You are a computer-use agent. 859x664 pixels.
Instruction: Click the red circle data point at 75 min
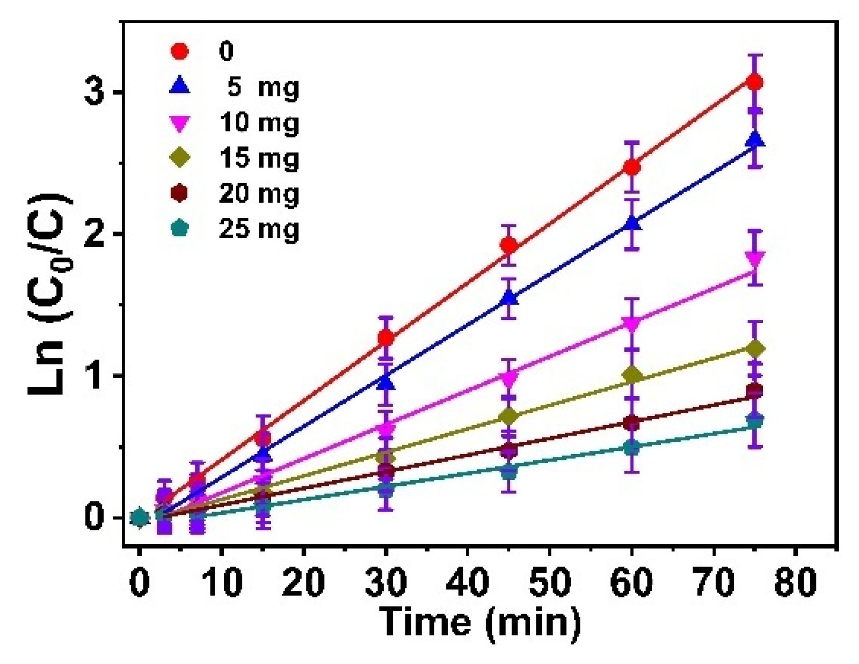755,83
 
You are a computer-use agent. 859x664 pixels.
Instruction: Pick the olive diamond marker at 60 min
632,375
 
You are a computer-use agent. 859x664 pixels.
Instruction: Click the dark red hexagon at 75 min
755,391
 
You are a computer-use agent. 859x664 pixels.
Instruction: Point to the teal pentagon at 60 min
632,447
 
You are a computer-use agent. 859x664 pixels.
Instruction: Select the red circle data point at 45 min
509,246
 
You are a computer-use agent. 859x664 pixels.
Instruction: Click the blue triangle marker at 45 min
509,297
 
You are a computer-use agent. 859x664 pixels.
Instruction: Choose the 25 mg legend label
259,230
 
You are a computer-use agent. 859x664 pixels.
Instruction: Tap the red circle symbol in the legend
180,52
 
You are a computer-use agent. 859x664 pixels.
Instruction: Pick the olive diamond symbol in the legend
180,158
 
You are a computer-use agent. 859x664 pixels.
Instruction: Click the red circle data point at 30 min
386,338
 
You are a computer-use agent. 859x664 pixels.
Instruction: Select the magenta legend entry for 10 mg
259,123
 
